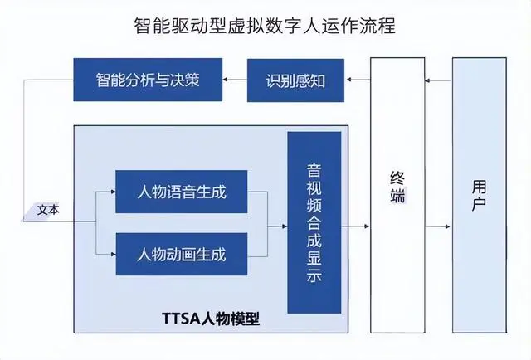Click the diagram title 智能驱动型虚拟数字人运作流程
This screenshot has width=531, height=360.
[x=265, y=25]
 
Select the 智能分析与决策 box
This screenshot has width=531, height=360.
[x=148, y=80]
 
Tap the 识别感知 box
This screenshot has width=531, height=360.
[x=295, y=80]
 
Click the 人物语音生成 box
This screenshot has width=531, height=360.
[x=182, y=192]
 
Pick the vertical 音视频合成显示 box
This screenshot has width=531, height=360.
[x=314, y=222]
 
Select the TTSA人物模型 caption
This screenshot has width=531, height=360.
[x=209, y=318]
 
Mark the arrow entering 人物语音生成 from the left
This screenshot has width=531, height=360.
[x=105, y=192]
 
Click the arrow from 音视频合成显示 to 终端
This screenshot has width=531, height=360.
[x=355, y=225]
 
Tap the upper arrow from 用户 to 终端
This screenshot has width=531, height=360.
[x=437, y=80]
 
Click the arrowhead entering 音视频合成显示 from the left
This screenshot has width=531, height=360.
[x=283, y=223]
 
